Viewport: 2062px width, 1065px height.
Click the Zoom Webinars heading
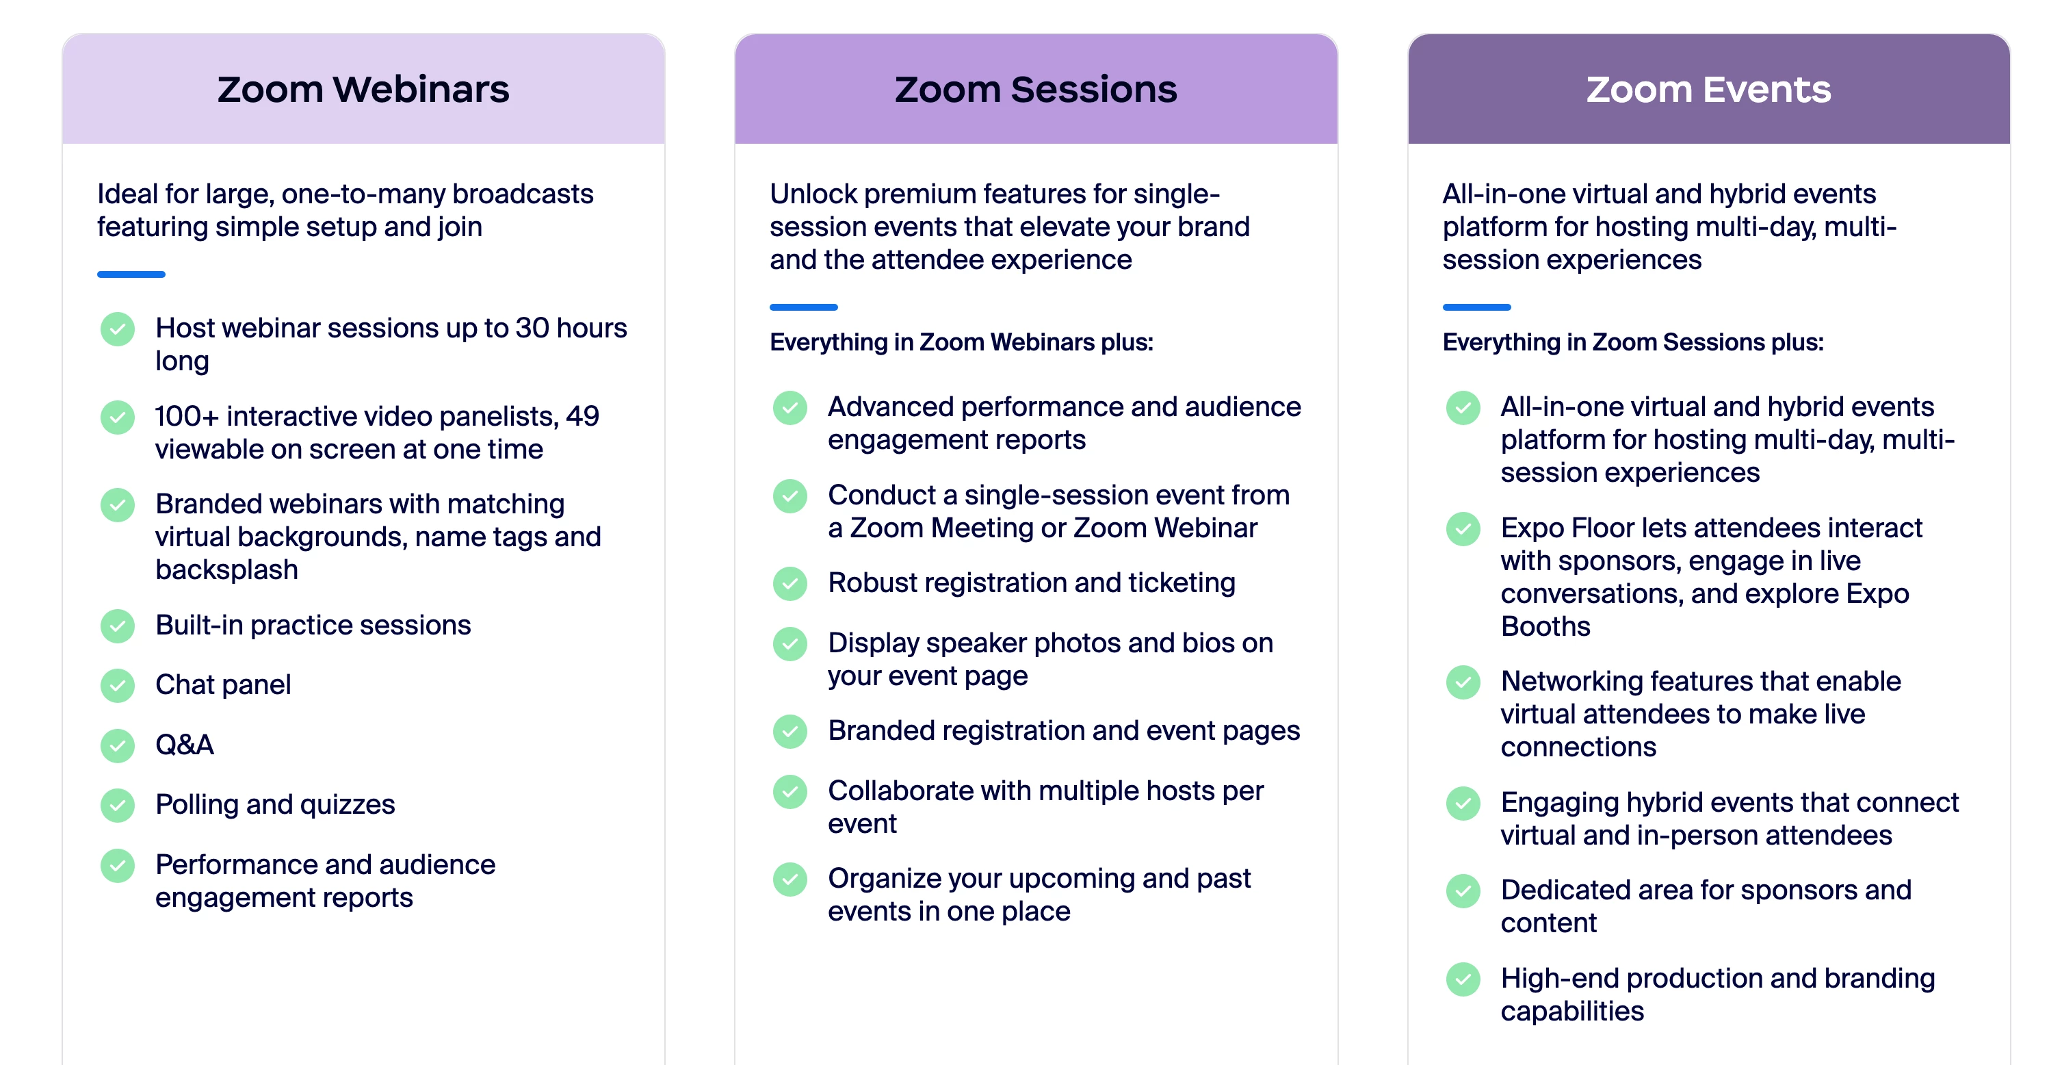click(x=363, y=89)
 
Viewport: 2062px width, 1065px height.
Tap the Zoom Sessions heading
click(x=1036, y=89)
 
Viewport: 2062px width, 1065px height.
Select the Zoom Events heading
click(x=1708, y=89)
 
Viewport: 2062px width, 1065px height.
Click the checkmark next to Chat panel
click(x=118, y=685)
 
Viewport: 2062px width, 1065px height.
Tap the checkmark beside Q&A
click(x=118, y=745)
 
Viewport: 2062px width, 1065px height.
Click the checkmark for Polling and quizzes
click(x=118, y=806)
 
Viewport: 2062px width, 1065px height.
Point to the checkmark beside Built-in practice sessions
click(x=118, y=626)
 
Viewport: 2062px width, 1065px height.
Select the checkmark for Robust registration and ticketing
click(x=790, y=584)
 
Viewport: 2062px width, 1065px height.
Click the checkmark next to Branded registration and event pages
click(x=790, y=731)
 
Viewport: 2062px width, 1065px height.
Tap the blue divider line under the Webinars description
click(x=131, y=274)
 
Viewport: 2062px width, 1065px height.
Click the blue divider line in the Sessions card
click(x=804, y=307)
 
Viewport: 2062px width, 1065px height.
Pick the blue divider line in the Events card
click(x=1477, y=307)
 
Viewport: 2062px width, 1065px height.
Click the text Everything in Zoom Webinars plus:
click(x=961, y=343)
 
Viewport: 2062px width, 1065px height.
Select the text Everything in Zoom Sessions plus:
click(x=1633, y=343)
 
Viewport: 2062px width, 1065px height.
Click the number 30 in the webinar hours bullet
click(x=532, y=329)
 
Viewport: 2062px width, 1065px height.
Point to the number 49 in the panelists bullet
click(x=583, y=416)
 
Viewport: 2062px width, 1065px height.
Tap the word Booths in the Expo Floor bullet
click(x=1545, y=626)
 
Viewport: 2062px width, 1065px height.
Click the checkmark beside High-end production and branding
click(x=1463, y=979)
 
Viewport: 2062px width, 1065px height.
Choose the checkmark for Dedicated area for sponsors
click(x=1463, y=891)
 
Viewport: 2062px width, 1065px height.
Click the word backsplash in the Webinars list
click(x=226, y=570)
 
